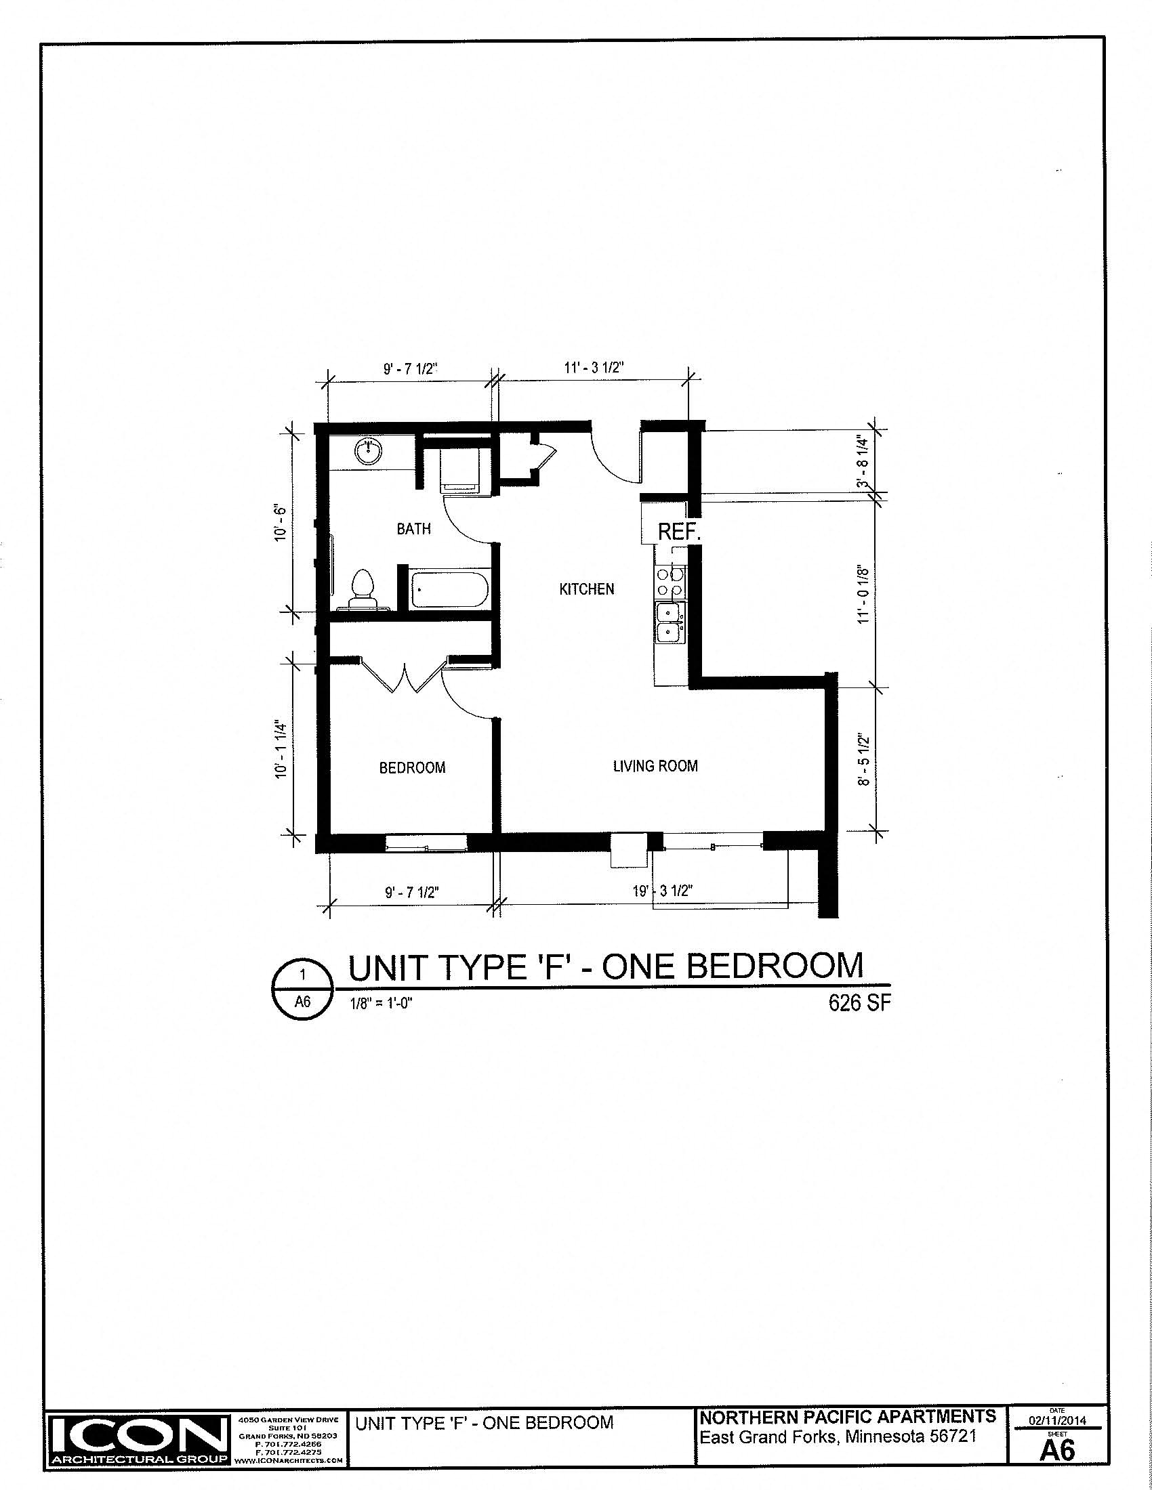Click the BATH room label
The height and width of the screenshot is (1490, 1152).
pos(413,528)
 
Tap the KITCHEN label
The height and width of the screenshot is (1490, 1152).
pos(586,588)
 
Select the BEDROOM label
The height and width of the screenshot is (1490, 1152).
pos(412,767)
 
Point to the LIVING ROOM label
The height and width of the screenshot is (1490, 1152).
pos(655,765)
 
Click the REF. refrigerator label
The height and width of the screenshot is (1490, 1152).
pos(679,532)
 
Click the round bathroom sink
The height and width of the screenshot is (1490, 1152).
pos(369,451)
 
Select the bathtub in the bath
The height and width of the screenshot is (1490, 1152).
pos(450,590)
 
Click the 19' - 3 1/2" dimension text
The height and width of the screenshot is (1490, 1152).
pos(663,891)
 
